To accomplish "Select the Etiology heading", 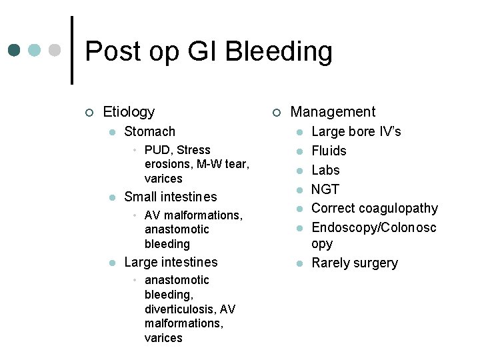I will (x=129, y=112).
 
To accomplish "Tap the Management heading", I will (x=333, y=112).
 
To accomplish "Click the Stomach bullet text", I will (x=149, y=131).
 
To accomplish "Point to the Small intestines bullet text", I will (x=171, y=197).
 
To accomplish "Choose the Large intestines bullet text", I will (x=171, y=262).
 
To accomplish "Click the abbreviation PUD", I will (x=157, y=150).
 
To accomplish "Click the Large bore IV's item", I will (x=356, y=131).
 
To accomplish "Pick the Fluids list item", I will (x=329, y=151).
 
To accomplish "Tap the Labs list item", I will (x=325, y=170).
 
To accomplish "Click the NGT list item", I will (x=325, y=189).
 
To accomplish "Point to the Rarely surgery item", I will (x=354, y=263).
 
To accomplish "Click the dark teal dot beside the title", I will (x=14, y=51).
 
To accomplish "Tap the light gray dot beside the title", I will (x=55, y=51).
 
